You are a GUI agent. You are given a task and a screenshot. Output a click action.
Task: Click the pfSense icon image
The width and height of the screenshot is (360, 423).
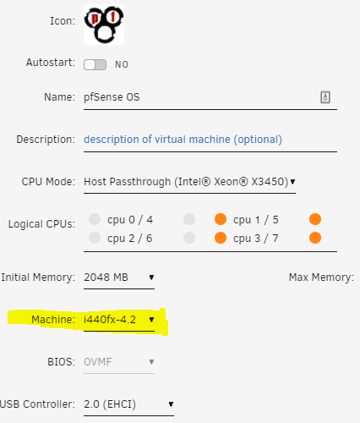point(104,25)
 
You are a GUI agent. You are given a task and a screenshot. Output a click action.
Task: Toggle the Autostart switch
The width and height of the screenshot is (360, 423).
point(95,64)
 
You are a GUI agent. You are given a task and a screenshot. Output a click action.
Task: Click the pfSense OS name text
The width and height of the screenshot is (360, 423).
point(112,97)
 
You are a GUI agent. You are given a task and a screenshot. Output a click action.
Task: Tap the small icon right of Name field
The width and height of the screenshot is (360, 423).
point(325,97)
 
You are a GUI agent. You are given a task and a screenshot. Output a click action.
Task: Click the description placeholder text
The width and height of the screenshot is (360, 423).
point(183,140)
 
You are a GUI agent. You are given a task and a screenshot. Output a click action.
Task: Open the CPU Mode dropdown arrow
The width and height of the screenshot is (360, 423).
point(292,182)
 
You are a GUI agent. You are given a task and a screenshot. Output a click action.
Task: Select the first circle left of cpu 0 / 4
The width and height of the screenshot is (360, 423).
point(95,219)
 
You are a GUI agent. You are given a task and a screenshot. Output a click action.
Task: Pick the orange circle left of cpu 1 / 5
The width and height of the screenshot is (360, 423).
point(221,219)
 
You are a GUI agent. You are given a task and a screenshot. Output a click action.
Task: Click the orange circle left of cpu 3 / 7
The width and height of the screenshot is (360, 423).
point(221,238)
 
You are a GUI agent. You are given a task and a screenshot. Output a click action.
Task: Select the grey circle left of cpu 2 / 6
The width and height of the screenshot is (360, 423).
point(95,238)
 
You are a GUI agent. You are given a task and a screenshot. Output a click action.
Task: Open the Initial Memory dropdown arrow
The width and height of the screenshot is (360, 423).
point(151,277)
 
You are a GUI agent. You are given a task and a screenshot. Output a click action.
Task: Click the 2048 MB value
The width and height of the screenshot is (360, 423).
point(106,277)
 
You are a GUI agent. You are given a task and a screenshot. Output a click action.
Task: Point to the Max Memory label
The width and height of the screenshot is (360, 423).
point(321,277)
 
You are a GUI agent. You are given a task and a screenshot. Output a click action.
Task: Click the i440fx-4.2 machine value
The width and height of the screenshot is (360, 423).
point(110,320)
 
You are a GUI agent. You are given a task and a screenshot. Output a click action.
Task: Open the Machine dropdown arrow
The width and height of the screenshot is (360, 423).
point(151,320)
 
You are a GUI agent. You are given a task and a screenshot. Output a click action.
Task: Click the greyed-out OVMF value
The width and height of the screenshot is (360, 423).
point(98,362)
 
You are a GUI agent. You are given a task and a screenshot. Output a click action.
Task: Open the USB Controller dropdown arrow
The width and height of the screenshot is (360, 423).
point(171,404)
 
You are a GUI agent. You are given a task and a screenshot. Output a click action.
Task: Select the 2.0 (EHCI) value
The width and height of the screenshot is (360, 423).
point(110,404)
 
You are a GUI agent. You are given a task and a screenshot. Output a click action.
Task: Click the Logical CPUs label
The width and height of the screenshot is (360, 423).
point(41,224)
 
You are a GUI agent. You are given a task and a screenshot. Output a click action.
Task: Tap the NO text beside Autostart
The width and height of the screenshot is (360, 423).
point(122,64)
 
